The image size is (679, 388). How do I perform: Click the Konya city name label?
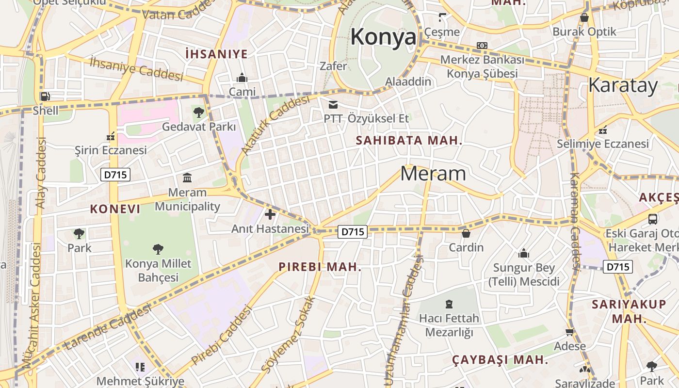pos(383,37)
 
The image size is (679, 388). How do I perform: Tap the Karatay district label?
pos(623,85)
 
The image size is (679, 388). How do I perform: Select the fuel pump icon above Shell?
pos(45,96)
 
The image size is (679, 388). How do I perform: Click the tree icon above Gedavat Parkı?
pos(198,113)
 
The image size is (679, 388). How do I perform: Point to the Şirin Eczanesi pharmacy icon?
pos(111,136)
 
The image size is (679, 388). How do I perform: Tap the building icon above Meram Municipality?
pos(187,178)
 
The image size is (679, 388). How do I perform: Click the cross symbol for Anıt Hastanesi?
pos(270,214)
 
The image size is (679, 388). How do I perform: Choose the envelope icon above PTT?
pos(333,104)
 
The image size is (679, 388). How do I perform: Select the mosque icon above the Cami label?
pos(242,78)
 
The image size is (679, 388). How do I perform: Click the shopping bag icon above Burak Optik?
pos(584,17)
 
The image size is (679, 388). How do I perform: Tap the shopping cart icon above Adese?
pos(570,332)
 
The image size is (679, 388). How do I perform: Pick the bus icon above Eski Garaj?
pos(653,219)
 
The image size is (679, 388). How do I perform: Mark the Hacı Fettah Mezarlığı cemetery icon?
pos(449,304)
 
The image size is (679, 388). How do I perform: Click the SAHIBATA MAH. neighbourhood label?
pos(409,141)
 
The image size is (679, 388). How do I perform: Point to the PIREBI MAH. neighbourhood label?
pos(320,267)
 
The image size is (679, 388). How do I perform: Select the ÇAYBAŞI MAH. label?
pos(500,360)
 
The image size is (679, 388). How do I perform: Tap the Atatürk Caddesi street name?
pos(275,125)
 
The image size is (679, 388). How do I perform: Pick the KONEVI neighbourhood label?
pos(115,209)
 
